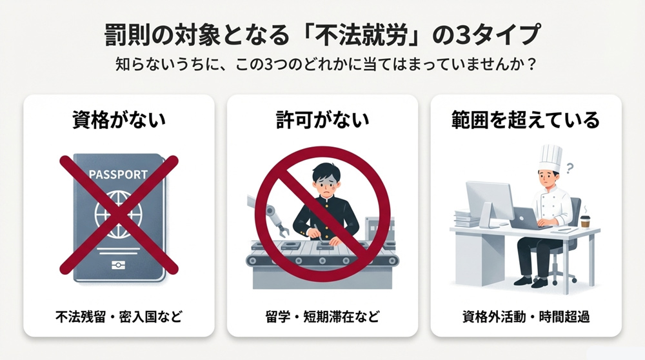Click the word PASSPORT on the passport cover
117,175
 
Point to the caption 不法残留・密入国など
118,317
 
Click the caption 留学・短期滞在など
322,317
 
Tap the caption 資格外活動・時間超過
526,317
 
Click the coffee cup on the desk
586,221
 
